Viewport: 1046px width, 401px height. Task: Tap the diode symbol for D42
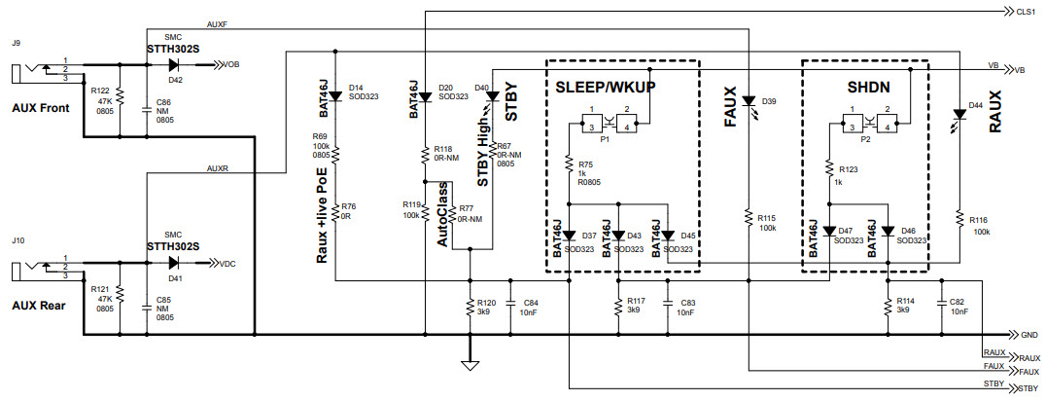176,65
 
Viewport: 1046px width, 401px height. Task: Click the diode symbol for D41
176,263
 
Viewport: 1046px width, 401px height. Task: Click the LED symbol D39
748,100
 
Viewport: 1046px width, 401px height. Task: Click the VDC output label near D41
226,264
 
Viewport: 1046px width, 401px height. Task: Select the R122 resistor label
100,90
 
